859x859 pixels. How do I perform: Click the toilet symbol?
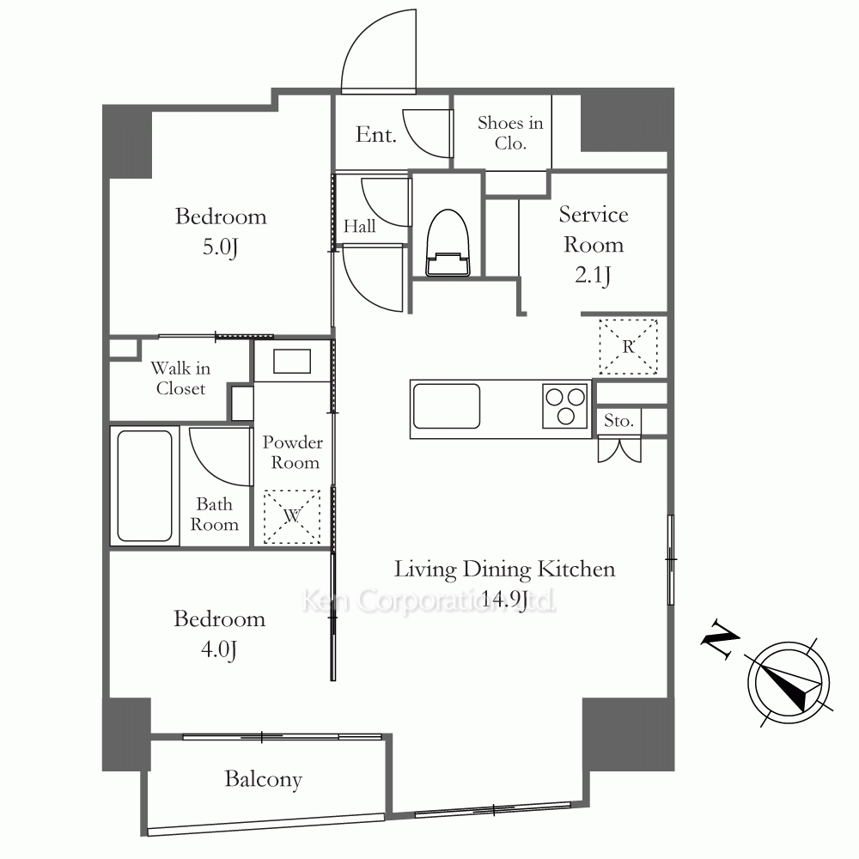click(x=448, y=243)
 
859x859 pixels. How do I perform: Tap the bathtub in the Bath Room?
click(x=145, y=486)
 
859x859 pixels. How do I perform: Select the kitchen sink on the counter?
click(x=447, y=406)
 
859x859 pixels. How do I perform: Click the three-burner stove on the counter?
click(x=565, y=406)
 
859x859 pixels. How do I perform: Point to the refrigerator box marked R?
click(x=628, y=347)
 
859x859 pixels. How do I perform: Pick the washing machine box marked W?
click(x=292, y=516)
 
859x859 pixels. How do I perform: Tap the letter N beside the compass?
click(x=720, y=639)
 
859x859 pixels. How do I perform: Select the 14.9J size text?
click(x=504, y=599)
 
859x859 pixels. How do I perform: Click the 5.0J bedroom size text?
click(x=220, y=247)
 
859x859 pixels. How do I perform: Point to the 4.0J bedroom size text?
click(x=219, y=649)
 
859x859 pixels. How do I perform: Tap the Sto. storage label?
click(x=618, y=421)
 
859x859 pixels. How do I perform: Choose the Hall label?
click(x=359, y=226)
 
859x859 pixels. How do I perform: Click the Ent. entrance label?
click(x=376, y=134)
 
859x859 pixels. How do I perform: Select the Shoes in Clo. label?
click(x=510, y=132)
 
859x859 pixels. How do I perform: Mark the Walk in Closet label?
click(x=180, y=378)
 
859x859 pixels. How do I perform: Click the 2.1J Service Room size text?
click(x=593, y=275)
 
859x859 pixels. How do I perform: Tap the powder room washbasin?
click(x=292, y=362)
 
